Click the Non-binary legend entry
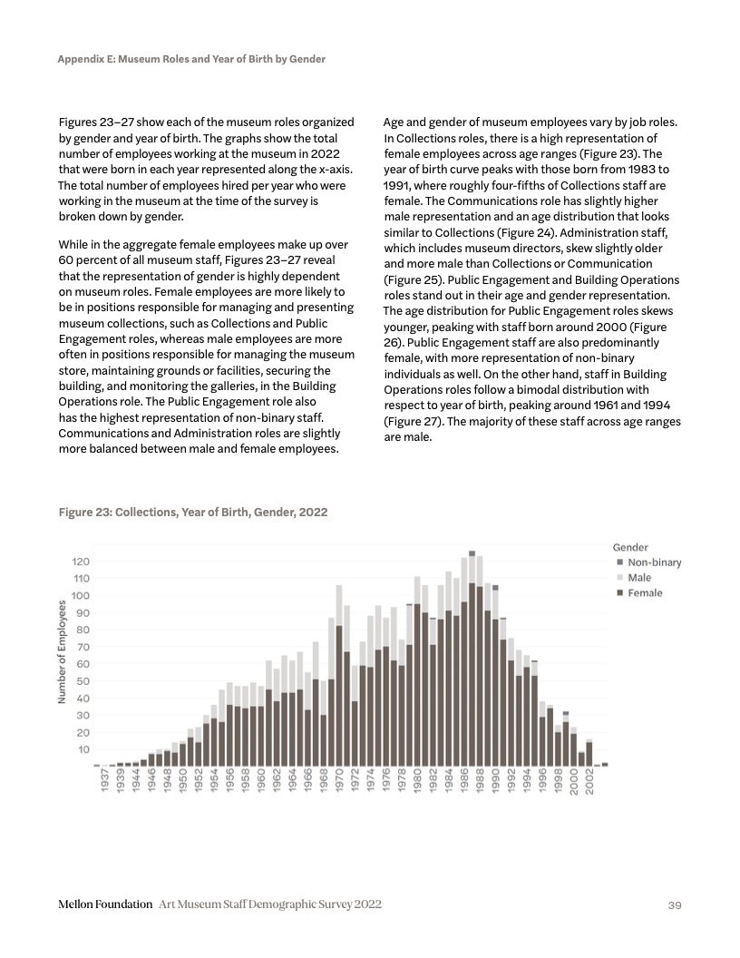pos(648,562)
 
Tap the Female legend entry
pos(640,593)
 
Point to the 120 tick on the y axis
pos(81,562)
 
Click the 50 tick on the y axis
pos(83,681)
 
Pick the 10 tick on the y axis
pos(83,749)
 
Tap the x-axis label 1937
pos(105,783)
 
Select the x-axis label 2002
pos(589,783)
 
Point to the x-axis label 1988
pos(480,783)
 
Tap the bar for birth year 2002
pos(589,753)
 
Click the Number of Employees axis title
pos(62,651)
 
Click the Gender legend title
pos(630,547)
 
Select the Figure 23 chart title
pos(193,513)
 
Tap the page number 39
pos(674,905)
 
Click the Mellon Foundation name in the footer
pos(104,904)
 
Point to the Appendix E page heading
pos(191,59)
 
